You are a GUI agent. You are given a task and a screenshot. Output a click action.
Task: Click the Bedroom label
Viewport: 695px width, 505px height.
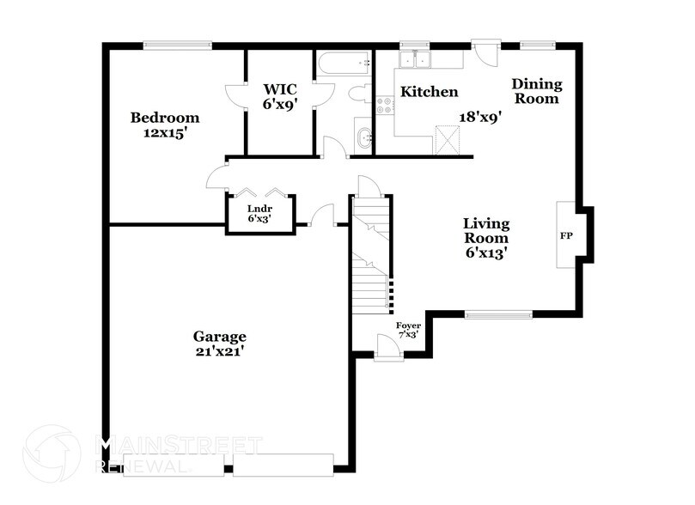tap(164, 118)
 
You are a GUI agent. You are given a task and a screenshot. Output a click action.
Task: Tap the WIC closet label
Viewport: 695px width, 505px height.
tap(280, 89)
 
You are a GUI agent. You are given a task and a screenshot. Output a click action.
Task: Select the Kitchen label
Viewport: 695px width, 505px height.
tap(429, 92)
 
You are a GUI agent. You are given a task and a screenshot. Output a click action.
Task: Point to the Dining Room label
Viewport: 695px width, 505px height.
tap(537, 91)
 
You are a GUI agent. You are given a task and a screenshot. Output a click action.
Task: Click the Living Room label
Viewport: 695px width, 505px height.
tap(486, 230)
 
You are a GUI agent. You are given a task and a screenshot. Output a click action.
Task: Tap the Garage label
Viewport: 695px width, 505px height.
tap(219, 337)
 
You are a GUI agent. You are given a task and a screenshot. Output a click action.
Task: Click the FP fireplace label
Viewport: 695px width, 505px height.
tap(566, 236)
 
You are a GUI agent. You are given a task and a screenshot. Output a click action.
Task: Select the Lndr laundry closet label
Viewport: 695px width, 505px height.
tap(259, 209)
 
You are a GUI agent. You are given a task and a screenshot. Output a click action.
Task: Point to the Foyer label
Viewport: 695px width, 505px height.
tap(408, 326)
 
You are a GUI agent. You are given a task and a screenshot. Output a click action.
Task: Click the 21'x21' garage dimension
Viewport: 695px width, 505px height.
tap(219, 352)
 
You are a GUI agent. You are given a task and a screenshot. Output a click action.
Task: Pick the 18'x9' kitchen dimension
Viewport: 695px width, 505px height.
tap(480, 118)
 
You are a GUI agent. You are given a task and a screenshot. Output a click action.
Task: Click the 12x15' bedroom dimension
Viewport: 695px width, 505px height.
tap(163, 133)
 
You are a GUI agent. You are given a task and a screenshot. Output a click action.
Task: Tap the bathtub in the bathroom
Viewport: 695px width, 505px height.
tap(344, 64)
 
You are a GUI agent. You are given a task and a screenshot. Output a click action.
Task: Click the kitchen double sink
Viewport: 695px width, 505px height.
tap(415, 59)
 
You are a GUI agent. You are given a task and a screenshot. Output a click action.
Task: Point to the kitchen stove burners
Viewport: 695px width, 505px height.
tap(385, 105)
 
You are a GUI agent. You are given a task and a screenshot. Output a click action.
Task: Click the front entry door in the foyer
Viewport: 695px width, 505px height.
tap(388, 346)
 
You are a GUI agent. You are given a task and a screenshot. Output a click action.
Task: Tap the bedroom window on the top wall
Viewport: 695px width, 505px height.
tap(177, 45)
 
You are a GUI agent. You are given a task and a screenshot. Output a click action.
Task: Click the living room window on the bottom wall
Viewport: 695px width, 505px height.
tap(498, 314)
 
